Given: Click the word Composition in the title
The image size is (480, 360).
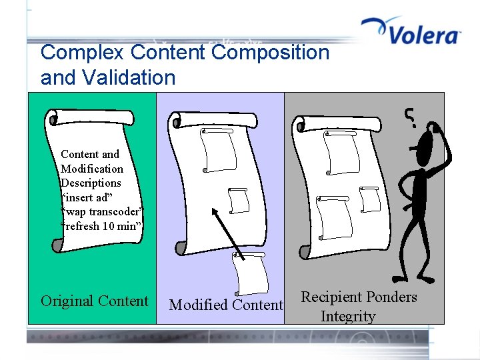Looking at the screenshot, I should [x=266, y=52].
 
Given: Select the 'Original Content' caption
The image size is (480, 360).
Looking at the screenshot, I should [x=94, y=301].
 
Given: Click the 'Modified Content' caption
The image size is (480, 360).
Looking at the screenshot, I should [x=226, y=305].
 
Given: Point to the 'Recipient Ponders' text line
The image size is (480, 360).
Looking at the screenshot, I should [x=359, y=297].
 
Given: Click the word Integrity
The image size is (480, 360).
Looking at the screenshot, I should [x=347, y=316].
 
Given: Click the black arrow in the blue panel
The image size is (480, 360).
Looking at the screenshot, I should [x=228, y=233].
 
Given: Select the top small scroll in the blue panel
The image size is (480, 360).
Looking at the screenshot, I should [x=219, y=150].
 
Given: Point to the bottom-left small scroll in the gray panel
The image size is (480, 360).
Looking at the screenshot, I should [x=333, y=217].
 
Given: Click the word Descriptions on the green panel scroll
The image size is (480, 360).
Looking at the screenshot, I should [x=91, y=183].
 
